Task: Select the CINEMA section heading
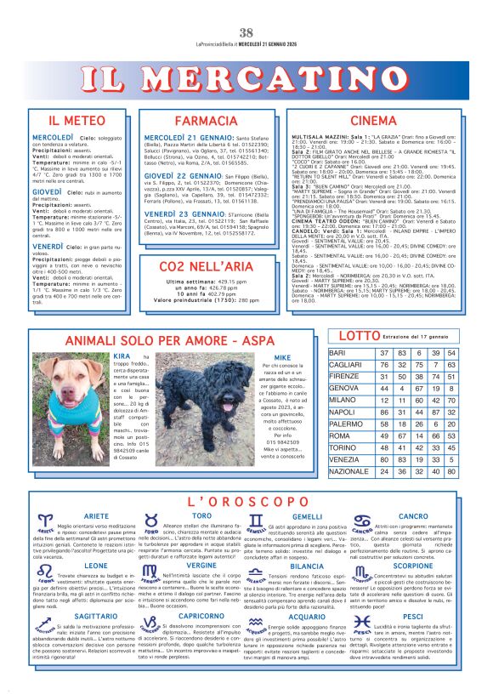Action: coord(373,121)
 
